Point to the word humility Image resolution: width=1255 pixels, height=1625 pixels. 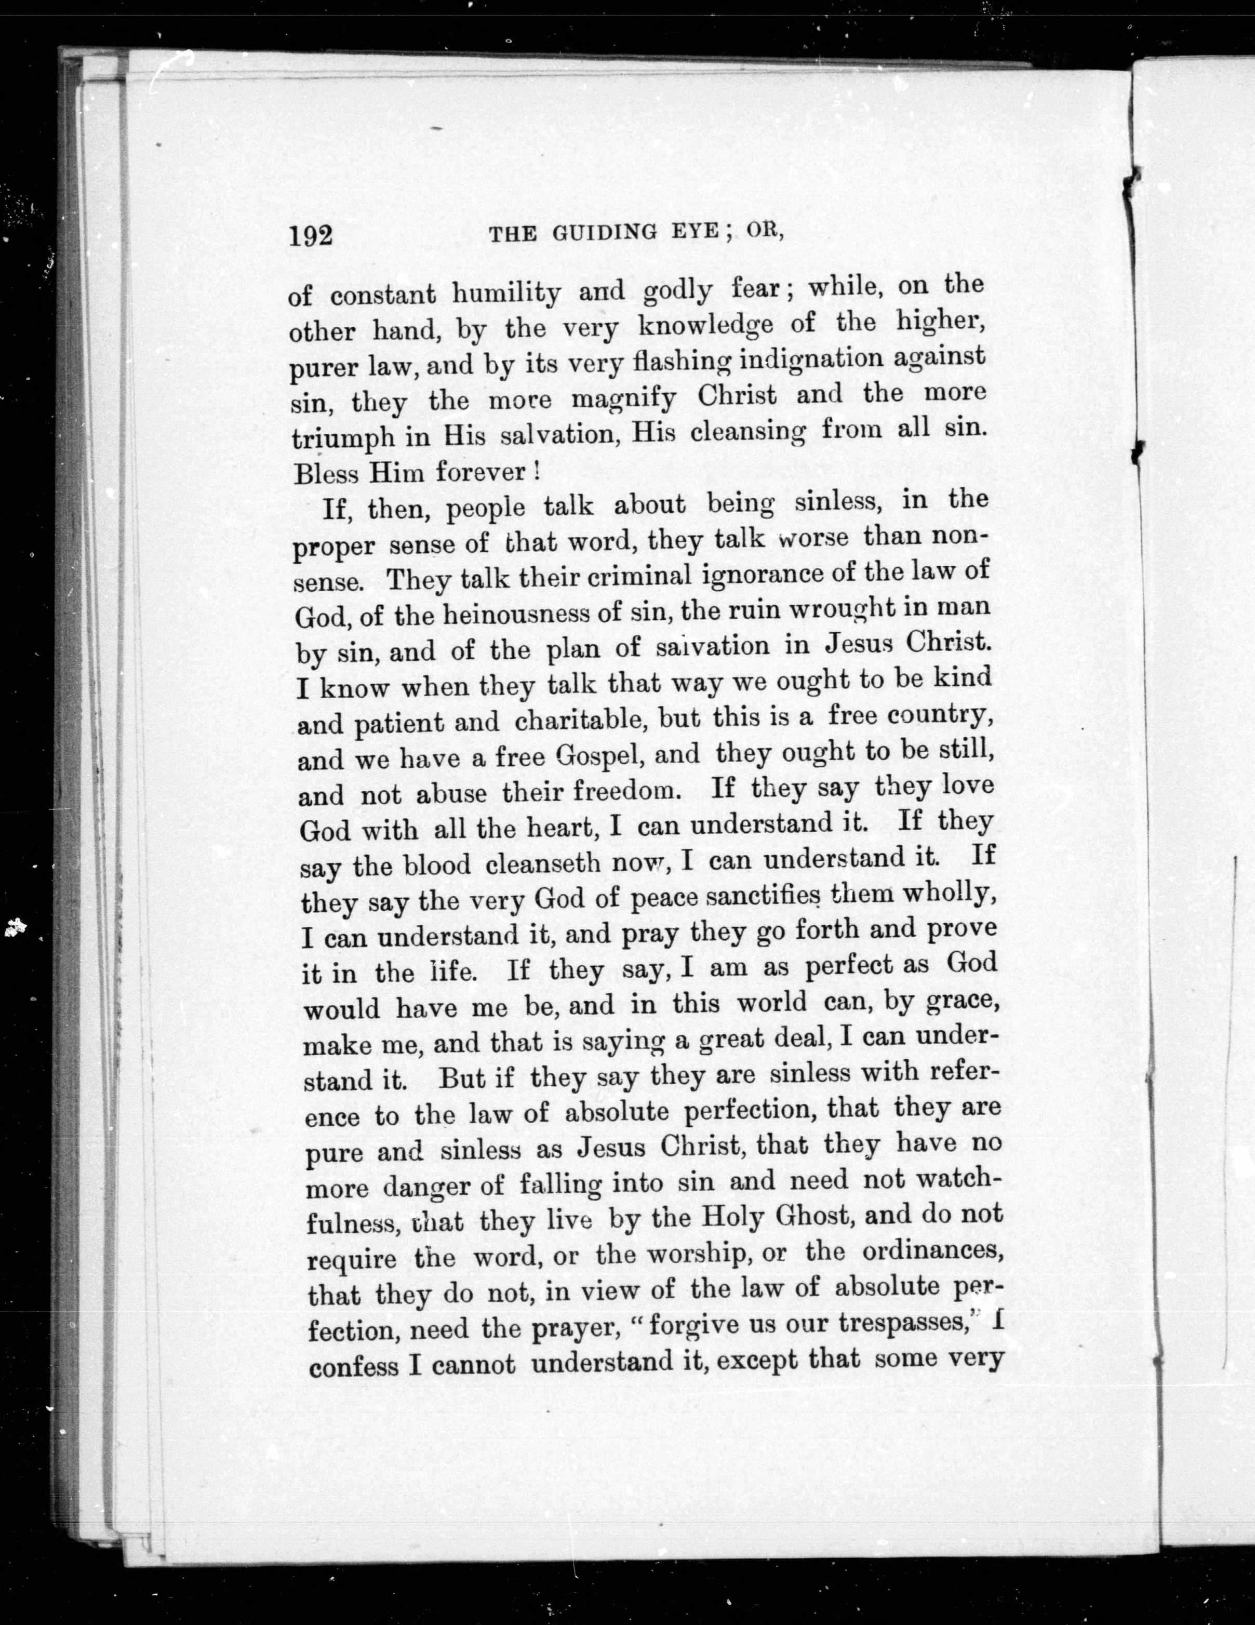[x=506, y=295]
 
